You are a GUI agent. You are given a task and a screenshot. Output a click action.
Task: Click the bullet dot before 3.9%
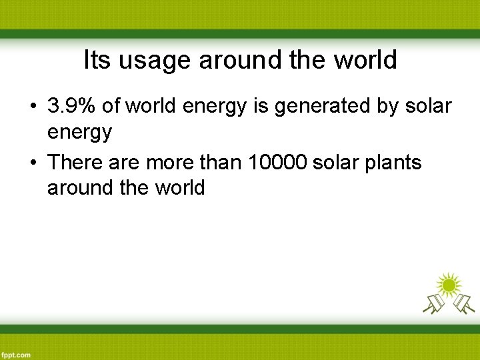[x=32, y=106]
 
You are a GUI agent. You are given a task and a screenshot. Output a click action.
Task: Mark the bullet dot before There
[x=32, y=163]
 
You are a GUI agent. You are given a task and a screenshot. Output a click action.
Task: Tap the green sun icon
[x=448, y=285]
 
